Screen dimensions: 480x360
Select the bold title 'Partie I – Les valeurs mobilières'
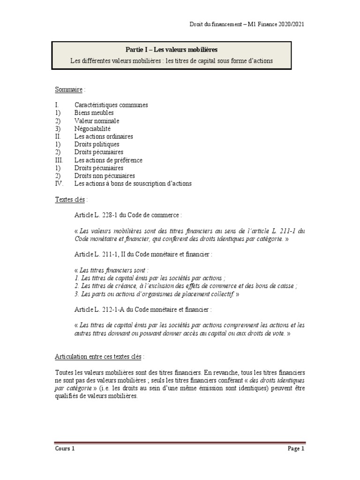tap(171, 49)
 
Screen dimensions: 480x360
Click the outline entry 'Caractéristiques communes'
tap(111, 105)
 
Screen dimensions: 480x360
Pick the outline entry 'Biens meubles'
tap(94, 113)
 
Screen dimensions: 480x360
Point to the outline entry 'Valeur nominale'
tap(97, 121)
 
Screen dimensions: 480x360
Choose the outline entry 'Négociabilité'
tap(92, 128)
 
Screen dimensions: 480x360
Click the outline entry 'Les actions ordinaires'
tap(104, 136)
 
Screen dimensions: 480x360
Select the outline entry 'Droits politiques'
tap(97, 144)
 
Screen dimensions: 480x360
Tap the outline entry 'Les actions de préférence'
tap(108, 160)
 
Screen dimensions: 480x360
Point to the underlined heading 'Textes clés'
tap(69, 199)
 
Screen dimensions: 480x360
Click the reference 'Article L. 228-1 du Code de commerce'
tap(127, 215)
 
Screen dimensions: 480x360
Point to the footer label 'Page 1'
tap(296, 449)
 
